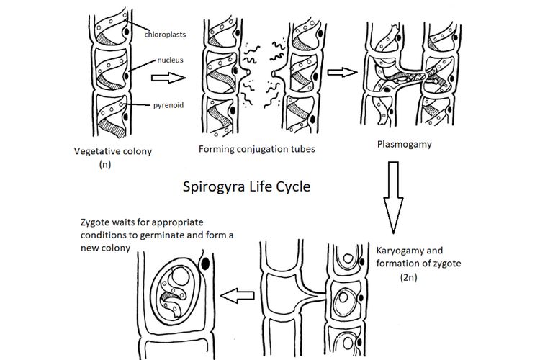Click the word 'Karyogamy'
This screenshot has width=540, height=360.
pyautogui.click(x=400, y=251)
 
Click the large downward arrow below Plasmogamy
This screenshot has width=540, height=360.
pyautogui.click(x=396, y=194)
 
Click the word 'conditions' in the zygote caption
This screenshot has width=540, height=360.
pyautogui.click(x=100, y=235)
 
